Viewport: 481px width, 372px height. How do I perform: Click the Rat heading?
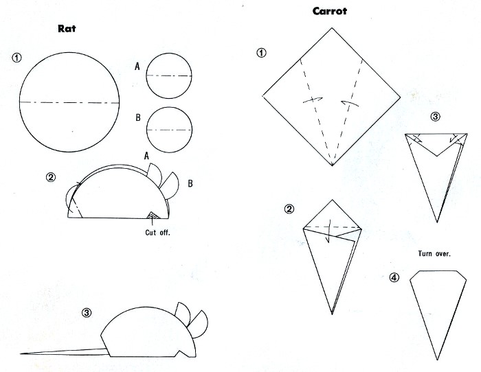(x=67, y=29)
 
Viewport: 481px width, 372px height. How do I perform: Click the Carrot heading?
(x=330, y=12)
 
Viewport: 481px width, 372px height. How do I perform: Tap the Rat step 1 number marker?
(x=17, y=58)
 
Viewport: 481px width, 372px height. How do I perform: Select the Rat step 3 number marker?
(x=87, y=313)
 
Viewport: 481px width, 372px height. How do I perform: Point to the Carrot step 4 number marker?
(x=394, y=277)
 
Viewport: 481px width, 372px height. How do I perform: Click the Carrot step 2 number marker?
(x=289, y=209)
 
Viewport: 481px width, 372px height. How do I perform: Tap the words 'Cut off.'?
(x=157, y=233)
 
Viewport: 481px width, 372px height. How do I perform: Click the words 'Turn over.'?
(x=434, y=253)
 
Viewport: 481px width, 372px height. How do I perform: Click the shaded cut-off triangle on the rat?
(x=153, y=216)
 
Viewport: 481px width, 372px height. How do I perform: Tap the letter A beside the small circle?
(x=137, y=66)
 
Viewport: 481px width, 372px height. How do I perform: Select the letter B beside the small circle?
(x=138, y=117)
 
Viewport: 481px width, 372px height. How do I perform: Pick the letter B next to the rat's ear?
(x=190, y=183)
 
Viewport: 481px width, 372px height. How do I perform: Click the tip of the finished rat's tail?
(x=21, y=353)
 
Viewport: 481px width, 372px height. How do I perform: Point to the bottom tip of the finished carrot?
(x=437, y=360)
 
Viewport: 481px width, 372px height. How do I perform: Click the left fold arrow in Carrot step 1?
(x=313, y=100)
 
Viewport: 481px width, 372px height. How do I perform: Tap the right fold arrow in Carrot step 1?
(x=350, y=103)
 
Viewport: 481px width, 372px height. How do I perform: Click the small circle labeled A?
(x=169, y=75)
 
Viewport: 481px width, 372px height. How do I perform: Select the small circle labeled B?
(x=169, y=130)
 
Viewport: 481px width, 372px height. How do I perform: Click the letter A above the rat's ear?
(x=146, y=156)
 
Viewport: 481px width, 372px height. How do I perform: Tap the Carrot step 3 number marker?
(x=435, y=117)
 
